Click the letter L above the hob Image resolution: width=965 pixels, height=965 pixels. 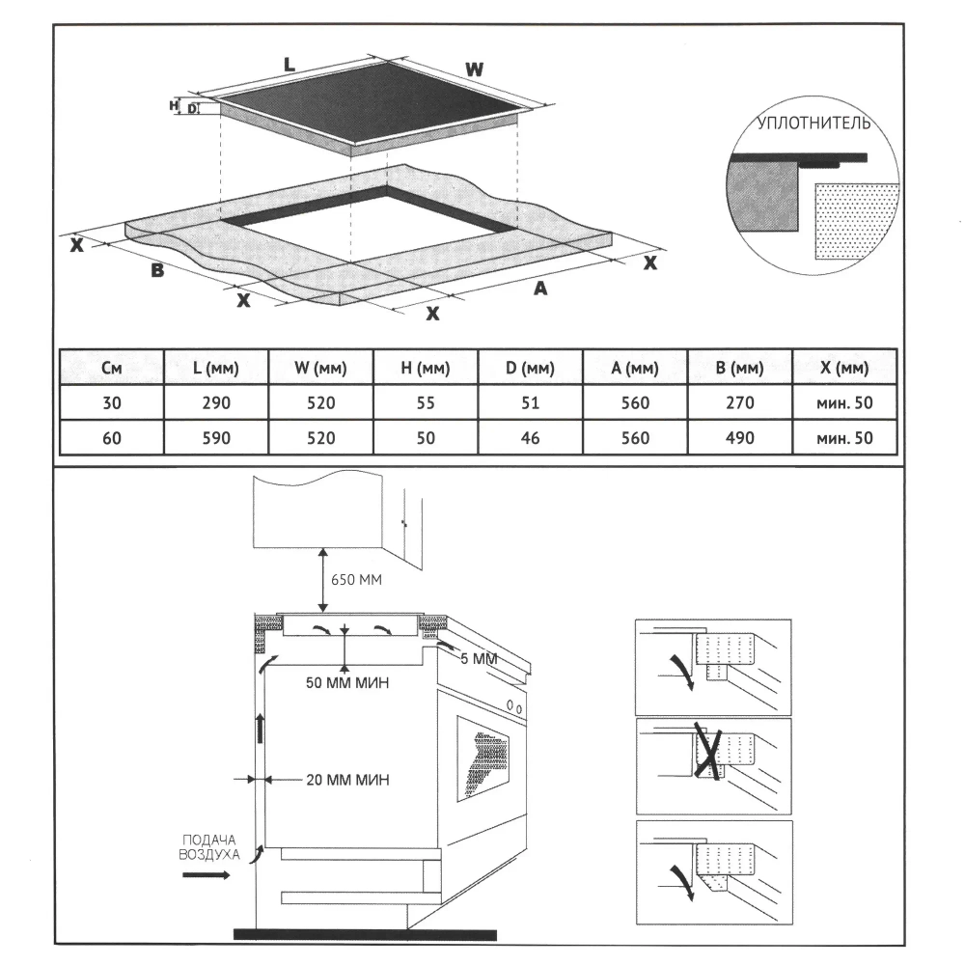(289, 65)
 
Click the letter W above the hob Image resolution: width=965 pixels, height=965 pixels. (473, 69)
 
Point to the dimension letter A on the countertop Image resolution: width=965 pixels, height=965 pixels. (540, 288)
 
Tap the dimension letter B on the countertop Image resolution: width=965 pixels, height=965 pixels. (156, 271)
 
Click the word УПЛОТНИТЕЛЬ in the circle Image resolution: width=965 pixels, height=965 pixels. (814, 124)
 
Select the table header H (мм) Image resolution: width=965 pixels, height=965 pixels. (426, 368)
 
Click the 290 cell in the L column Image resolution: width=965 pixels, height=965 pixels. (216, 403)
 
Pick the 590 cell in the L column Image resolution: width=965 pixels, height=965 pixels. (216, 438)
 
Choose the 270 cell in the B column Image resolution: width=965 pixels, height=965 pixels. (739, 403)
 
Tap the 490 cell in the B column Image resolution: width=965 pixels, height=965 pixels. (739, 438)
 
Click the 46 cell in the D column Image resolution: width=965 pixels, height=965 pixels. (530, 438)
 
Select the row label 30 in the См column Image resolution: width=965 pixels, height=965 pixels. (111, 403)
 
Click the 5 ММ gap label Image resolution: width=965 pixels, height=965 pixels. (478, 658)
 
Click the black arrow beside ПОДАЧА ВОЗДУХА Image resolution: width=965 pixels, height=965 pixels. (207, 875)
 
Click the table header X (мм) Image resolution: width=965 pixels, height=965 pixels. (844, 368)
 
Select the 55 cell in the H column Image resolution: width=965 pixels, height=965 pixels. (426, 403)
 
